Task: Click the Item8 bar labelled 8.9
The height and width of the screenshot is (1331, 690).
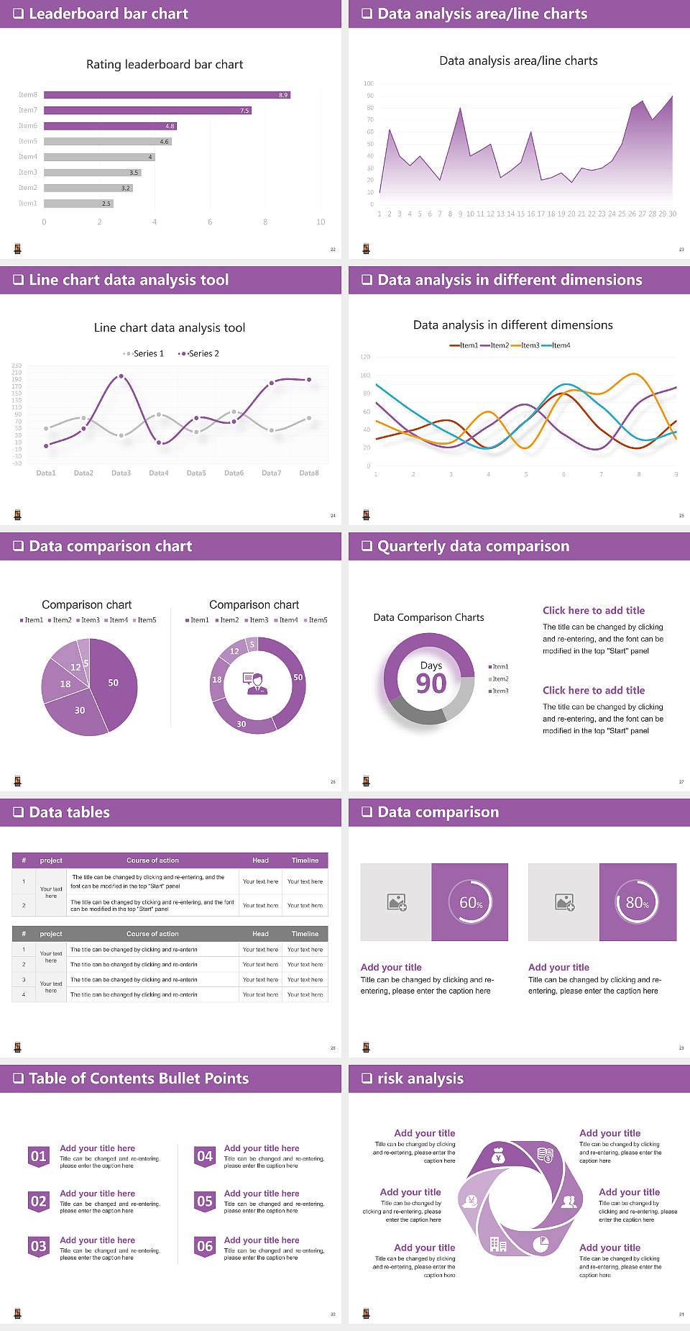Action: point(167,95)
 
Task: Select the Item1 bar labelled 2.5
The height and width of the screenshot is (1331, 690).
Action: point(78,204)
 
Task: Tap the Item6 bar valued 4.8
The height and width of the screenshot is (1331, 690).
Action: point(109,126)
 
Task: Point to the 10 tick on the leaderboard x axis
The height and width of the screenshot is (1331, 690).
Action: point(321,222)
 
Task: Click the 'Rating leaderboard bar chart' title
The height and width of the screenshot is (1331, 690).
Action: point(165,65)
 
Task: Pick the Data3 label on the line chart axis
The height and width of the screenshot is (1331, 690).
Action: point(121,473)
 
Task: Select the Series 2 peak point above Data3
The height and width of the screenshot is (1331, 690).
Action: point(121,376)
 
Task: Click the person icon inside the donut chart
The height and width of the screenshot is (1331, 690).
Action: point(256,683)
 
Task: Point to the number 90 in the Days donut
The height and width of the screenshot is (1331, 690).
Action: point(431,683)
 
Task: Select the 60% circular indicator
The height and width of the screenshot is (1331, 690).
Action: point(471,903)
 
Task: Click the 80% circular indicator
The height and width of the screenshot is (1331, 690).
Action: point(638,903)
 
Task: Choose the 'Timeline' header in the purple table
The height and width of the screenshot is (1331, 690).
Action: point(305,860)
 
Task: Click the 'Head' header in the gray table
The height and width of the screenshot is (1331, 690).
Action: point(260,934)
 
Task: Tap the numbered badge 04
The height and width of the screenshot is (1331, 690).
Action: point(205,1157)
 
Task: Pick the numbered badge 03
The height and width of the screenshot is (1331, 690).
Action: point(39,1247)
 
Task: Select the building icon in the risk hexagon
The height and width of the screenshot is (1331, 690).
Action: point(497,1244)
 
